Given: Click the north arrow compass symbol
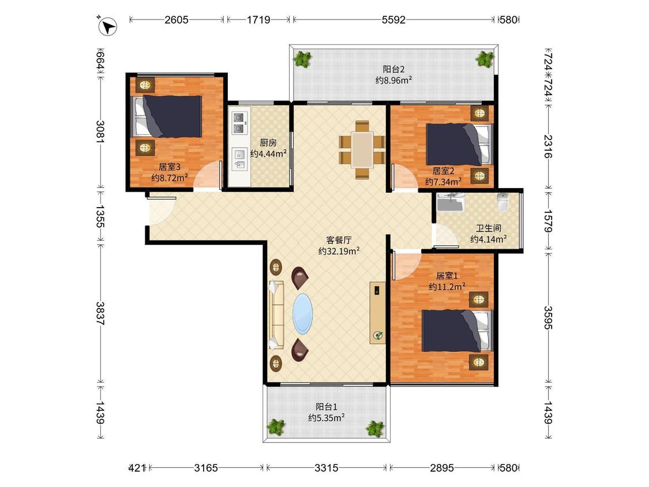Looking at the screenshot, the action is (x=108, y=26).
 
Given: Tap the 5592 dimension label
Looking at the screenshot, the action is (x=393, y=20).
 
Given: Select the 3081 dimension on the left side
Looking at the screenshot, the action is (x=100, y=131).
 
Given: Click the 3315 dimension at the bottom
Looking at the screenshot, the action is (x=326, y=468).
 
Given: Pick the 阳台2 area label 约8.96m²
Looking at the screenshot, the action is (x=393, y=80).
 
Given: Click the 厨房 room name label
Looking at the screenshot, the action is (x=268, y=143).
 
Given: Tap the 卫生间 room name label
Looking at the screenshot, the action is (x=489, y=228).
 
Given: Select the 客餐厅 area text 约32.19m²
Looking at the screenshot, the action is (x=339, y=251).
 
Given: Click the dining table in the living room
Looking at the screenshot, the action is (x=362, y=149).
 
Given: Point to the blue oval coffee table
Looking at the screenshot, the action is (x=302, y=314).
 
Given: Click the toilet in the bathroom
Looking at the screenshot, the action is (x=502, y=202).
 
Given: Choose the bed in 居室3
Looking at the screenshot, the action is (x=166, y=117).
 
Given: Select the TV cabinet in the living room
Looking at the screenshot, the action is (x=377, y=313).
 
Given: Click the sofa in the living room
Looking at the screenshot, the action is (x=276, y=314).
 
